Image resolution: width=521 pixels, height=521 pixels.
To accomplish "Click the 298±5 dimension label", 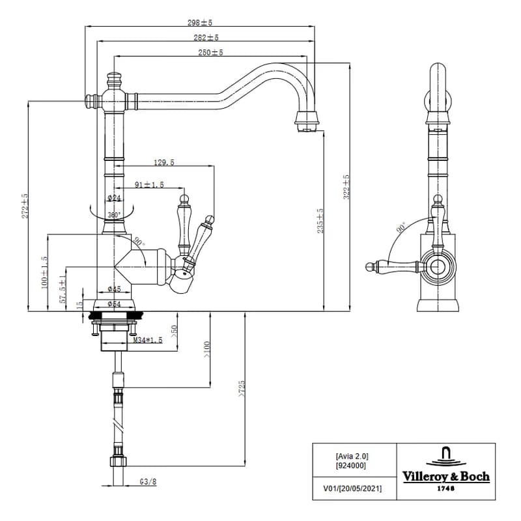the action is pyautogui.click(x=200, y=23).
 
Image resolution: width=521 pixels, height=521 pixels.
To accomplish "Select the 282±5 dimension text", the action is pyautogui.click(x=206, y=38).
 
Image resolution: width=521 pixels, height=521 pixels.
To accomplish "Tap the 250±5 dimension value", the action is pyautogui.click(x=210, y=53).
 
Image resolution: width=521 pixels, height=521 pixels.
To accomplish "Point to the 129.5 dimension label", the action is pyautogui.click(x=164, y=162).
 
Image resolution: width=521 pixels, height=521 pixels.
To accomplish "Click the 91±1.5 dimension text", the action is pyautogui.click(x=149, y=185).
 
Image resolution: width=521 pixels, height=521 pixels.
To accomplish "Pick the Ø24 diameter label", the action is pyautogui.click(x=114, y=198).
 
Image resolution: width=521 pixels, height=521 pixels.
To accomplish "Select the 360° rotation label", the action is pyautogui.click(x=115, y=215).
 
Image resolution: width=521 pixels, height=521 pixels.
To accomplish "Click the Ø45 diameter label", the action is pyautogui.click(x=114, y=289).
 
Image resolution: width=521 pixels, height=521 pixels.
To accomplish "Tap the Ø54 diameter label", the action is pyautogui.click(x=114, y=303).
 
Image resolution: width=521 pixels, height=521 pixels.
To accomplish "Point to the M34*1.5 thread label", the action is pyautogui.click(x=148, y=340).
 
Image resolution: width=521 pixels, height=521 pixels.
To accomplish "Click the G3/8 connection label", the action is pyautogui.click(x=148, y=481).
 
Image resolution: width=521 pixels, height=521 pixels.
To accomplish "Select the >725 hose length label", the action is pyautogui.click(x=242, y=389).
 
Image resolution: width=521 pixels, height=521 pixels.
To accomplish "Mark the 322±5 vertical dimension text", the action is pyautogui.click(x=346, y=187).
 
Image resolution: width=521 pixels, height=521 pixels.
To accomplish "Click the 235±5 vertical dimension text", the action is pyautogui.click(x=320, y=221).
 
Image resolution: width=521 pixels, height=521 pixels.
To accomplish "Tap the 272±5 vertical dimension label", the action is pyautogui.click(x=25, y=206).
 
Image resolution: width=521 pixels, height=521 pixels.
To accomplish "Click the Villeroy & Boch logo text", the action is pyautogui.click(x=446, y=477).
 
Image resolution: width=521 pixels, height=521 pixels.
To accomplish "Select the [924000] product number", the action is pyautogui.click(x=351, y=466).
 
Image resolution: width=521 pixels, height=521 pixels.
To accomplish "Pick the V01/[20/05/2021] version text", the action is pyautogui.click(x=352, y=488).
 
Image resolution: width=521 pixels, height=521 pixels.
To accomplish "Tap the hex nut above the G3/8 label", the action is pyautogui.click(x=118, y=462).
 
